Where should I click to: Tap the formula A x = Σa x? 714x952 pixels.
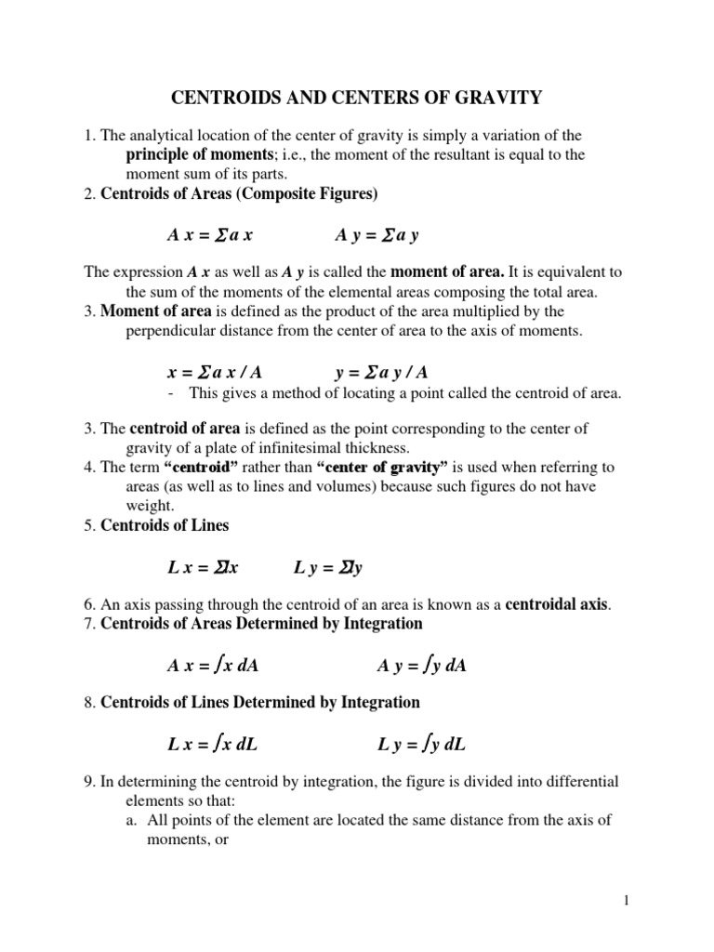(x=210, y=235)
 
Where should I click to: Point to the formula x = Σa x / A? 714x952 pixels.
(x=215, y=372)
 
